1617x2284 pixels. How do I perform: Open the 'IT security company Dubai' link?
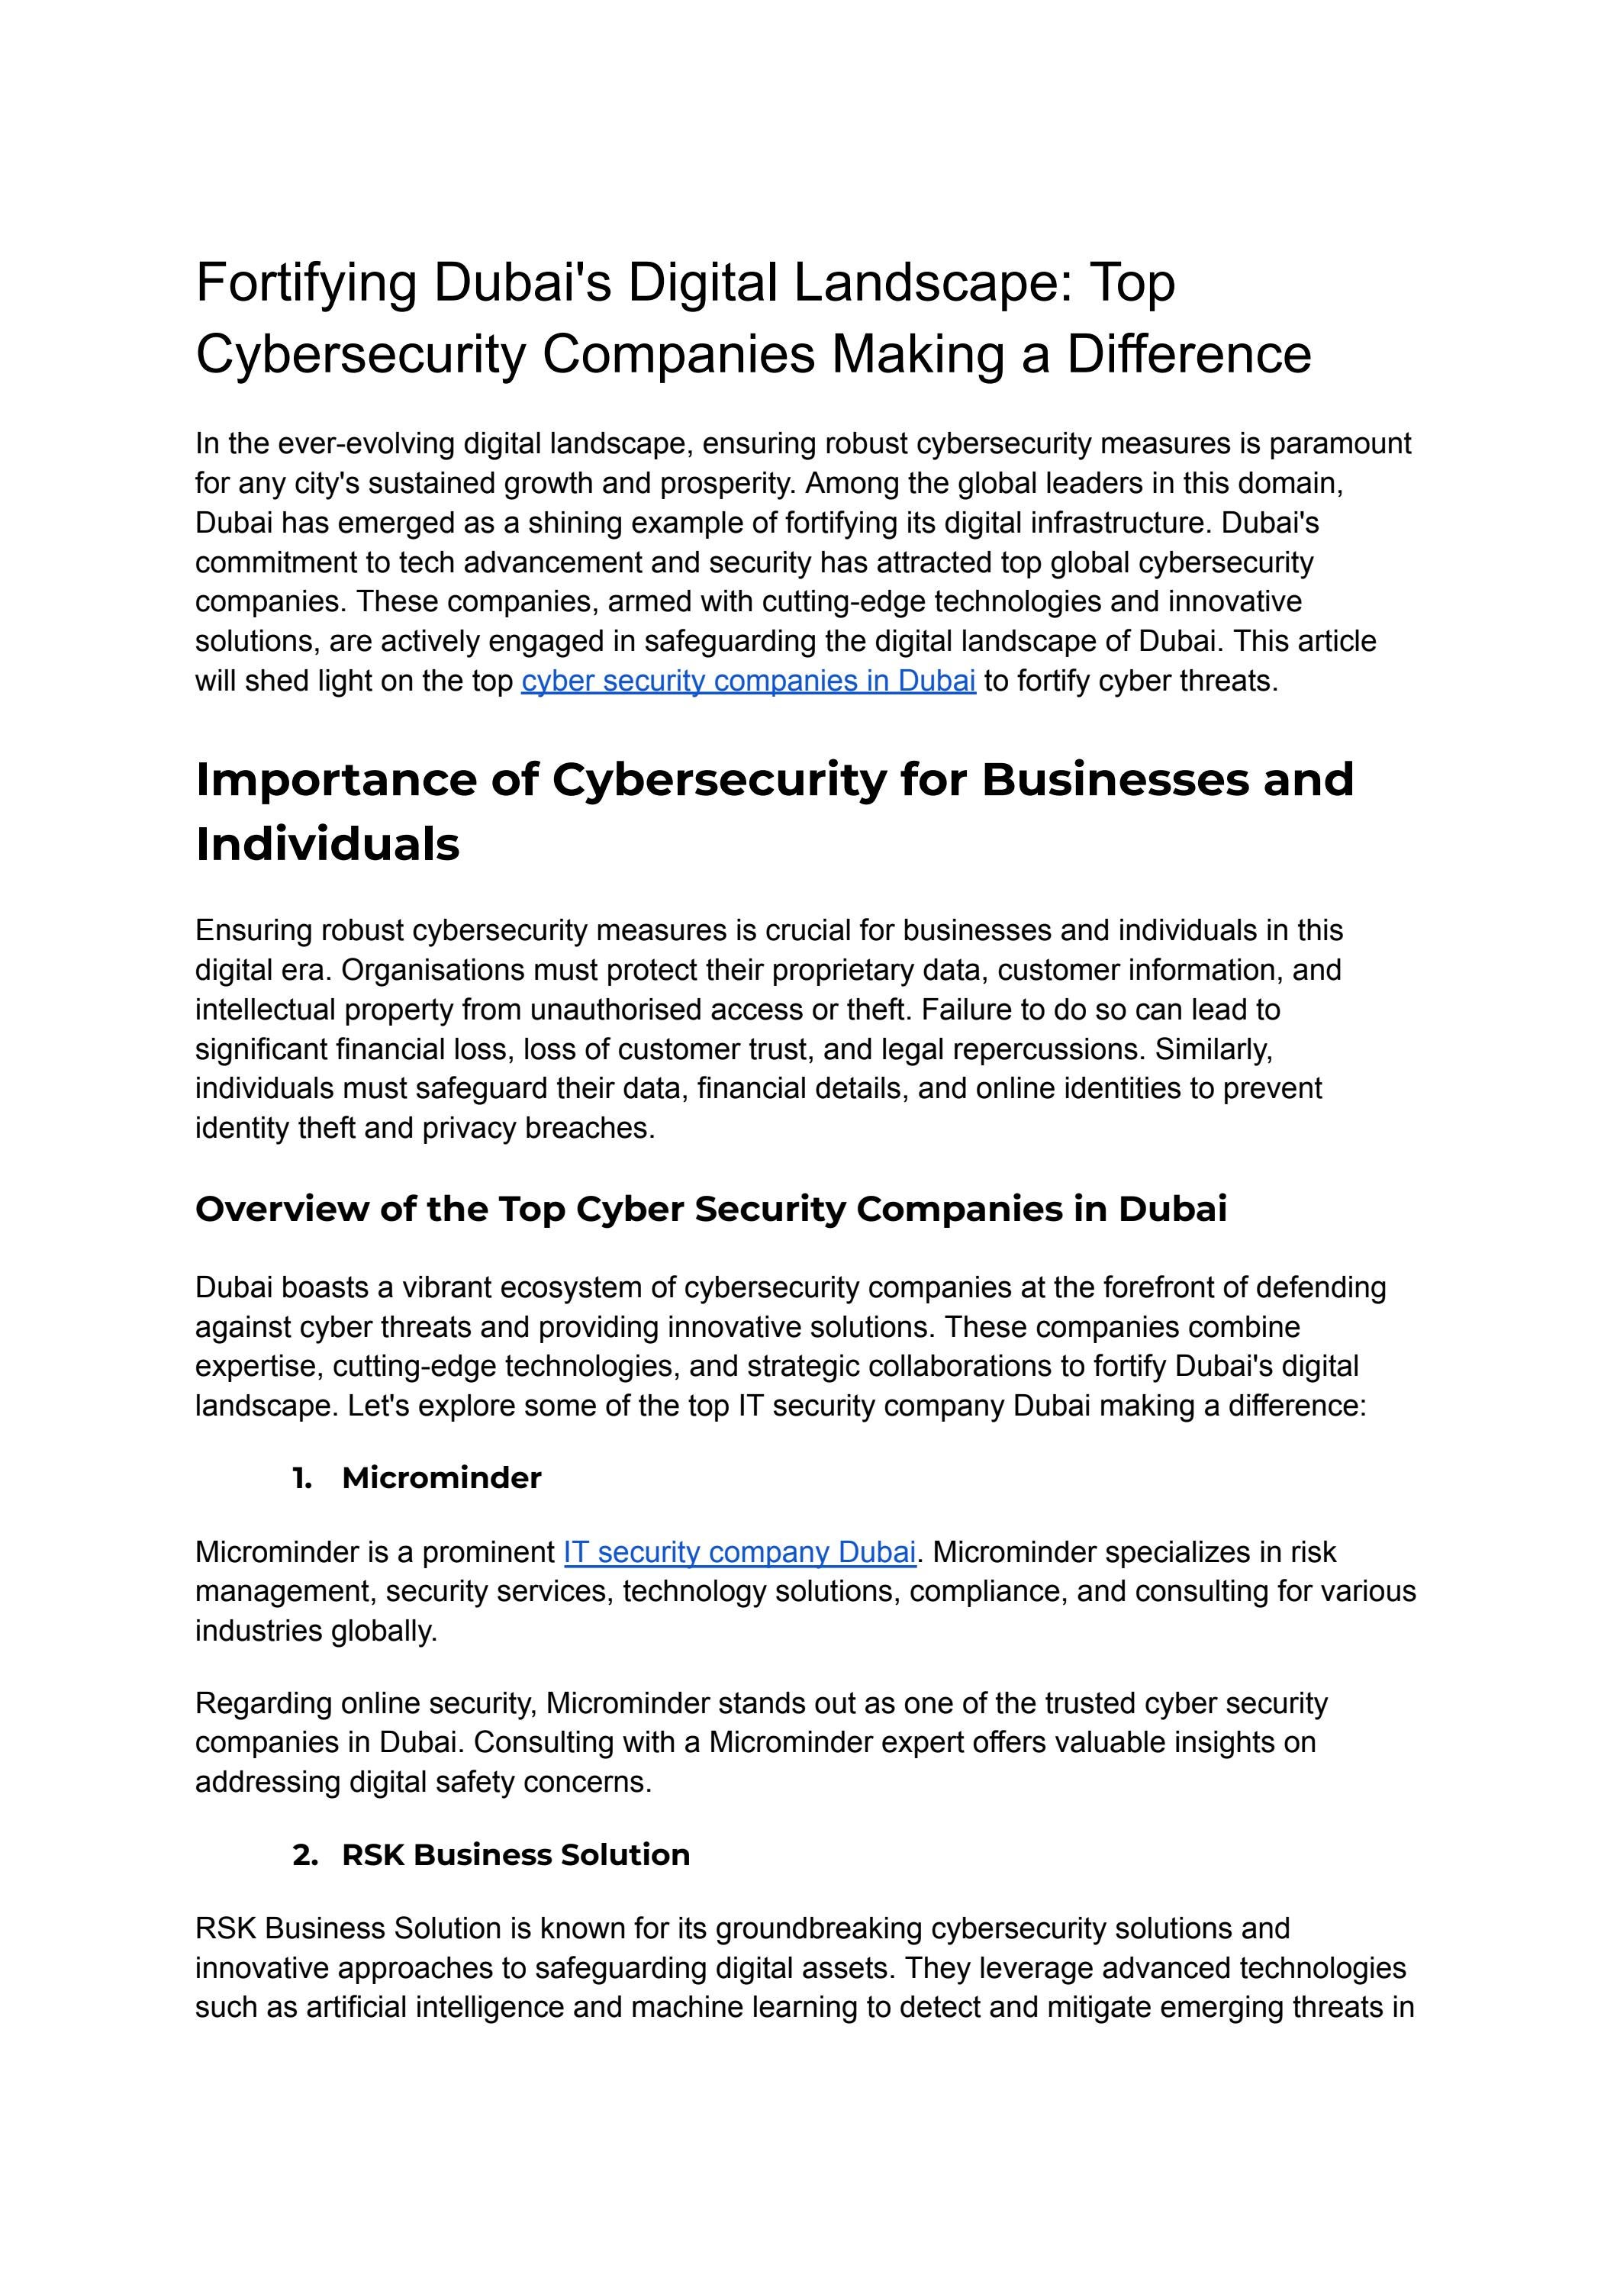(x=739, y=1552)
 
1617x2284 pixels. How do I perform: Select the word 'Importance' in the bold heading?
(x=336, y=780)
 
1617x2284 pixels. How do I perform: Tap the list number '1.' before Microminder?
(x=303, y=1477)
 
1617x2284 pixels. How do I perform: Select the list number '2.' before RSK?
(x=304, y=1855)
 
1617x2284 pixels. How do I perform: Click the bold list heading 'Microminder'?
(x=441, y=1477)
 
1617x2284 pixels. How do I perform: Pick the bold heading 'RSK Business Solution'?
(x=516, y=1855)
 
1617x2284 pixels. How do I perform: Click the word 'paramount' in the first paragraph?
(x=1339, y=444)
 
